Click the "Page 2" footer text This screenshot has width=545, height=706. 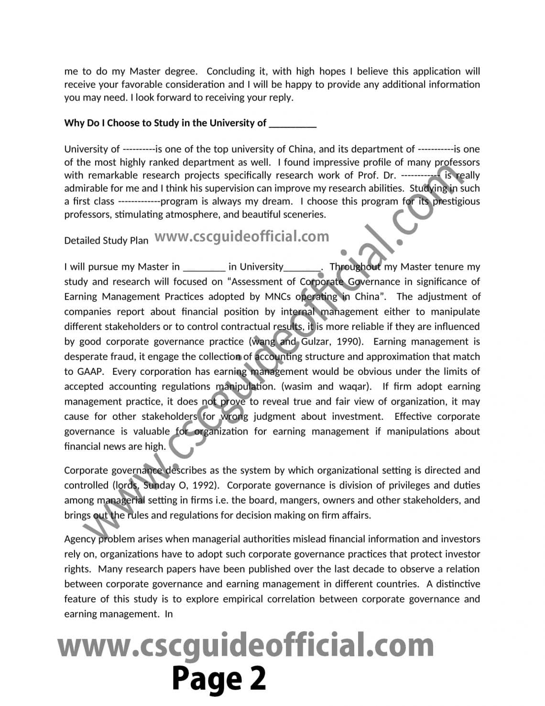218,678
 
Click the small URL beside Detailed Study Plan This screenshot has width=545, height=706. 242,236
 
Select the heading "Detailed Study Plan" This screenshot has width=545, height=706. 106,240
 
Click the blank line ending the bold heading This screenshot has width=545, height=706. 293,123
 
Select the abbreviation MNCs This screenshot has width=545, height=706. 278,297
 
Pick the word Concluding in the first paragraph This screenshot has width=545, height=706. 233,72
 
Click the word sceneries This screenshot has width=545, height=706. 302,214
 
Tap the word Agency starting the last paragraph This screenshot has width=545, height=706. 79,539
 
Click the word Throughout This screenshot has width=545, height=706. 355,267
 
